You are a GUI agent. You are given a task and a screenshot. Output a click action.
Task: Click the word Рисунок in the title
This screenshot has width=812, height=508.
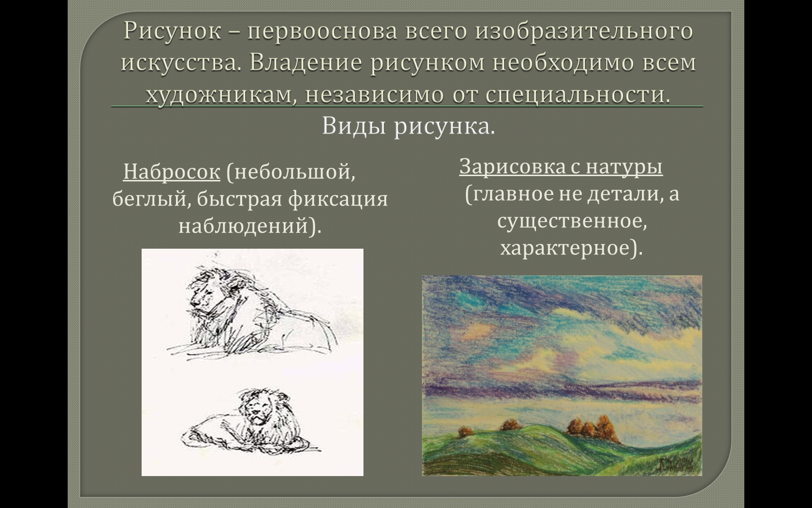click(x=173, y=31)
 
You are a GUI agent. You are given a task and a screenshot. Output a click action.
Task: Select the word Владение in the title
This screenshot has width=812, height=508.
click(x=305, y=62)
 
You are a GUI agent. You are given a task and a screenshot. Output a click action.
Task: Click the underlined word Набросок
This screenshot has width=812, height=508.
click(x=172, y=171)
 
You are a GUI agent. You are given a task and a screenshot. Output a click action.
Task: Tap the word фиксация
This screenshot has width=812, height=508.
click(x=338, y=199)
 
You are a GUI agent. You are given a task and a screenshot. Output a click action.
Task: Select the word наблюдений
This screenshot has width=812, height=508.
click(x=243, y=225)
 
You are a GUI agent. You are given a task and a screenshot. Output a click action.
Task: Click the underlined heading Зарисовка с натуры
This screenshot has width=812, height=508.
click(x=561, y=166)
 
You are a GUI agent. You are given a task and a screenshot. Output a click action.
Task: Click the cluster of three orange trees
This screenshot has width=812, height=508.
click(x=592, y=429)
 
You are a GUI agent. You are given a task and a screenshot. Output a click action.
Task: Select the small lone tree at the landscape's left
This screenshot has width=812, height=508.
click(x=465, y=432)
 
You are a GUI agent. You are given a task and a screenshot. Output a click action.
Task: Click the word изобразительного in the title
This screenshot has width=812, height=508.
click(x=584, y=31)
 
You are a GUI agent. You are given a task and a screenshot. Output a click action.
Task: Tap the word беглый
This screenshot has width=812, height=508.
click(x=152, y=199)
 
